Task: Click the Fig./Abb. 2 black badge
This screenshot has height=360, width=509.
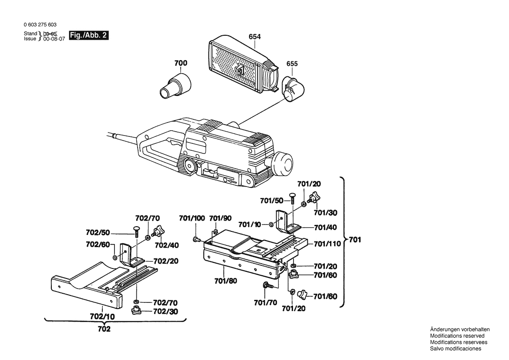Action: [90, 36]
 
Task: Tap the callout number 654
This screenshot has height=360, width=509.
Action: [255, 37]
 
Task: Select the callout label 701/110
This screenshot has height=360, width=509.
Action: [327, 244]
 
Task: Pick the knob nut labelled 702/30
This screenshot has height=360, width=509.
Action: [136, 311]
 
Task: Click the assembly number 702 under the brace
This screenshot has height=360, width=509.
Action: [104, 329]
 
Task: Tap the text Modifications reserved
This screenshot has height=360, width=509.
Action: [457, 336]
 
